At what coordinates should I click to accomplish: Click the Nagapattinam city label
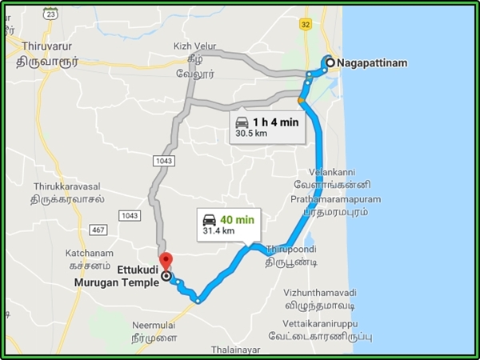(372, 62)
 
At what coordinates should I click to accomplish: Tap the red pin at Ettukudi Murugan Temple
(166, 262)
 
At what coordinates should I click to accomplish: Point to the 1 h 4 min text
(275, 122)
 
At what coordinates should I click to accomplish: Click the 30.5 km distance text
(251, 134)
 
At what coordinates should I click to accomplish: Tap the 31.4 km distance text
(218, 231)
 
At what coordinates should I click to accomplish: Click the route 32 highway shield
(306, 25)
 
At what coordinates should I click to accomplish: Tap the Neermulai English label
(152, 326)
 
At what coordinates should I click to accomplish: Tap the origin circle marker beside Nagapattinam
(330, 62)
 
